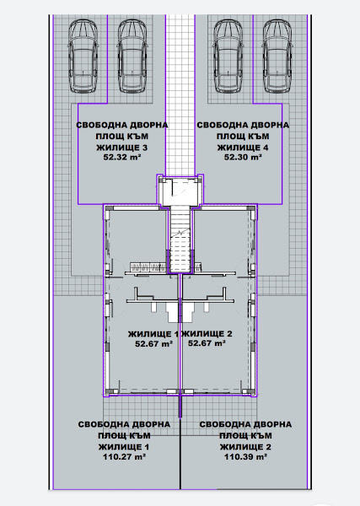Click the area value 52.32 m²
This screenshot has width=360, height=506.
point(121,157)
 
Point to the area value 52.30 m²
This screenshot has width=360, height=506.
point(243,157)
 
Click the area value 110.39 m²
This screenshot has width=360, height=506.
point(245,456)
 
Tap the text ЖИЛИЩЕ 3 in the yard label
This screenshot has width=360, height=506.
point(121,146)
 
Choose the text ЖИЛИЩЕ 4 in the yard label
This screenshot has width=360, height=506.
point(243,146)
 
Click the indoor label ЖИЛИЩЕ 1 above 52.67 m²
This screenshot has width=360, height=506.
point(153,334)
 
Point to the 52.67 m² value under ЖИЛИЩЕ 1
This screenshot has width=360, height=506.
point(153,344)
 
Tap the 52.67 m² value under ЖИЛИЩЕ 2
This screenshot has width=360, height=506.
point(207,344)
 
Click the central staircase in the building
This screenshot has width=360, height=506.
point(180,240)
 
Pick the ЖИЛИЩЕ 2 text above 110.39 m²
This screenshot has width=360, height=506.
point(245,445)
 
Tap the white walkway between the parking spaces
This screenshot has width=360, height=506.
point(180,84)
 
